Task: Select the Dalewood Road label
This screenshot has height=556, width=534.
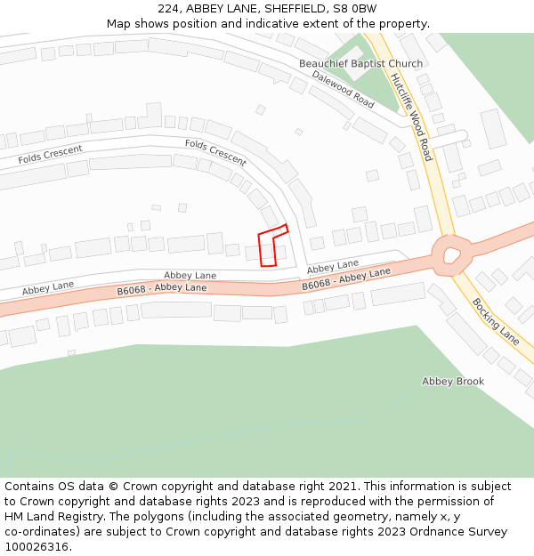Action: pos(343,88)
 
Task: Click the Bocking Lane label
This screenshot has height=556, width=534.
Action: pos(496,321)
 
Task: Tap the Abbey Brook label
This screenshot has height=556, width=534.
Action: pos(453,382)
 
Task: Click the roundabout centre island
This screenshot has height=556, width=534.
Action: pos(451,256)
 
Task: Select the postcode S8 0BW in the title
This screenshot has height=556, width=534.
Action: pos(354,9)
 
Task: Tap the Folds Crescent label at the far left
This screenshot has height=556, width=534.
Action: pos(50,155)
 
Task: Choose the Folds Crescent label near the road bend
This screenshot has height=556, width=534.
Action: pos(215,152)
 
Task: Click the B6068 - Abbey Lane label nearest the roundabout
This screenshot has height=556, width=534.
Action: pos(346,278)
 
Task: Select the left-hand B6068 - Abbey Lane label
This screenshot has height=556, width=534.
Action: pos(162,289)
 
